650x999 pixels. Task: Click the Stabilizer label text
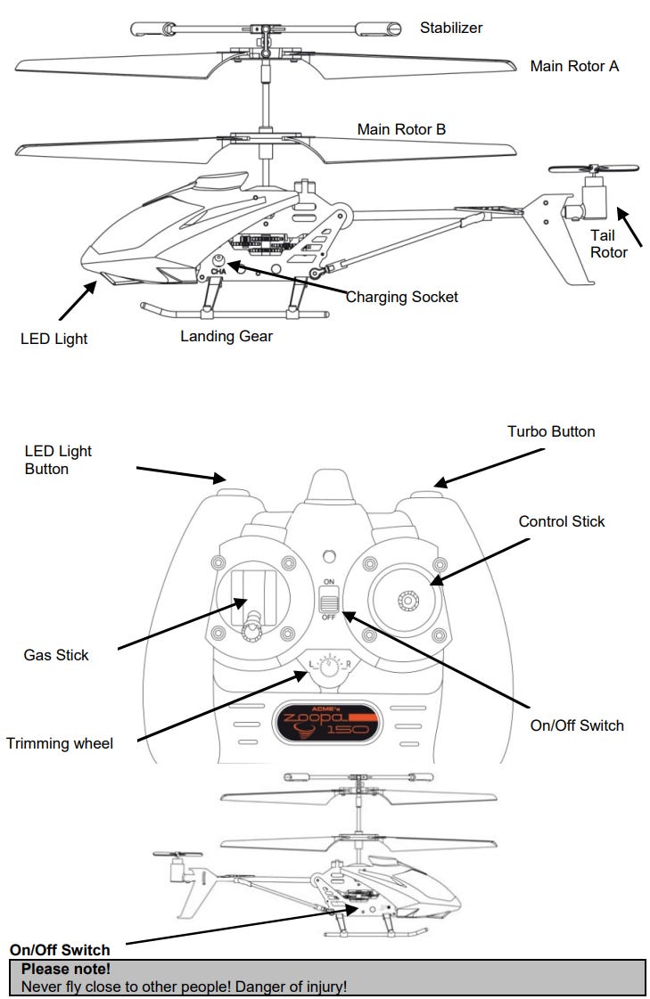pos(451,28)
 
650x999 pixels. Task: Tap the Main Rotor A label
pos(574,66)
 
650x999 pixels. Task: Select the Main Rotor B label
pos(401,129)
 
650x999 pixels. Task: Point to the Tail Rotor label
pos(609,243)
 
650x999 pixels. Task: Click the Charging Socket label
pos(401,297)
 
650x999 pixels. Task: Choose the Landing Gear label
pos(226,336)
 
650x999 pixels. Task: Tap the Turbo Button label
pos(551,431)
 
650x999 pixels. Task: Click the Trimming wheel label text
pos(60,742)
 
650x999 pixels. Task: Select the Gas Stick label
pos(56,655)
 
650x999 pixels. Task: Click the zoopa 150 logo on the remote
pos(325,720)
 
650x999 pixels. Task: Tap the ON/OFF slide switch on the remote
pos(328,601)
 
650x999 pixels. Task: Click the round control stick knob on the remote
pos(407,602)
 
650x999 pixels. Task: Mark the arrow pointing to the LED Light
pos(78,300)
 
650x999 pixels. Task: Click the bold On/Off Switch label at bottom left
pos(60,950)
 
